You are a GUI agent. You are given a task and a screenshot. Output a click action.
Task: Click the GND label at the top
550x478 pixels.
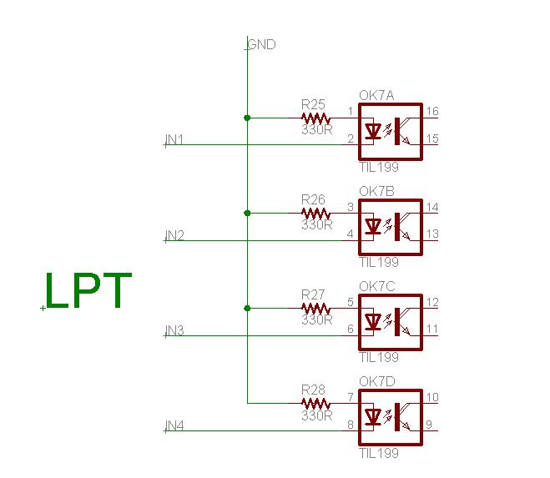(x=261, y=45)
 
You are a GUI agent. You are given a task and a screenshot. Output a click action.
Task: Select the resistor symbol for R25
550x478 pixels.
(x=315, y=118)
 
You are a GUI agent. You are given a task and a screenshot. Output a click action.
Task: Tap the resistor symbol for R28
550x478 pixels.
(x=315, y=403)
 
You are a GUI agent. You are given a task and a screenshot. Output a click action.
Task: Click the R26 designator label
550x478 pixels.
(x=314, y=200)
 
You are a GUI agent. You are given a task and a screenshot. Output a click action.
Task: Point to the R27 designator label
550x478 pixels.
(x=314, y=295)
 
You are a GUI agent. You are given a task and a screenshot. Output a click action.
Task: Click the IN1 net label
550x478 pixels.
(x=175, y=139)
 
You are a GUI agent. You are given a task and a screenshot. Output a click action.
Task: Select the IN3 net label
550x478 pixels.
(x=175, y=331)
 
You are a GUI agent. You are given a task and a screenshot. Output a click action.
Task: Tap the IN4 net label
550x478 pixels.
(x=175, y=426)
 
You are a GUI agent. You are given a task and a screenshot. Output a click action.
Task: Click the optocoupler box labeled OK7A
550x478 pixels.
(x=390, y=131)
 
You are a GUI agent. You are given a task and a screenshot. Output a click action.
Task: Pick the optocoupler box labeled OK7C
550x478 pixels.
(x=390, y=321)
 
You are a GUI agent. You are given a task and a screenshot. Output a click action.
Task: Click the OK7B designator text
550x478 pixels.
(x=376, y=191)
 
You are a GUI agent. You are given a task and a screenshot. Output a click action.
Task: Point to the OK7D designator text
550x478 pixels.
(x=376, y=381)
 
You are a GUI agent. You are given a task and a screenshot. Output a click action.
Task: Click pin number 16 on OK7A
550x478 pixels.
(x=431, y=112)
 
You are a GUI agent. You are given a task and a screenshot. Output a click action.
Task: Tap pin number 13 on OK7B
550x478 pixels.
(x=431, y=234)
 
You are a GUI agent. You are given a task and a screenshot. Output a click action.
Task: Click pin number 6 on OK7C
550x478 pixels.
(x=351, y=330)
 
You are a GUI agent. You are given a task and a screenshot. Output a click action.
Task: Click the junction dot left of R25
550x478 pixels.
(x=247, y=118)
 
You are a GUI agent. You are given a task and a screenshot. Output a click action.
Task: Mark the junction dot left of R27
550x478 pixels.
(x=247, y=308)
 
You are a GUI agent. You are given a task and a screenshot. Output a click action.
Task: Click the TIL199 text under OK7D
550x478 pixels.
(x=378, y=454)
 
